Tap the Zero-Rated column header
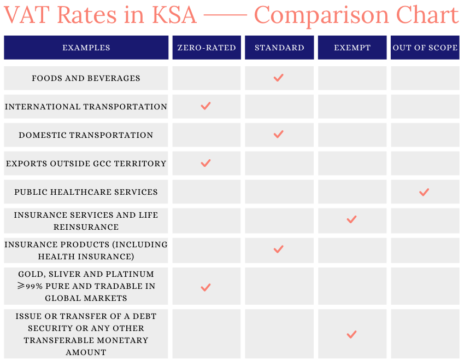pyautogui.click(x=207, y=48)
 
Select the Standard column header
pyautogui.click(x=279, y=48)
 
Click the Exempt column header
pyautogui.click(x=352, y=48)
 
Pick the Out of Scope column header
pyautogui.click(x=425, y=48)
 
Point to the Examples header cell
pyautogui.click(x=86, y=48)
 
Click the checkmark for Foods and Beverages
pyautogui.click(x=279, y=78)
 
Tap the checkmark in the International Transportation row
pyautogui.click(x=206, y=106)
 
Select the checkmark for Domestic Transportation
pyautogui.click(x=279, y=135)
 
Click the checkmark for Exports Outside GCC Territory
pyautogui.click(x=206, y=163)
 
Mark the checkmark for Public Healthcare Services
pyautogui.click(x=424, y=192)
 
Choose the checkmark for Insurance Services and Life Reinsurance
pyautogui.click(x=351, y=220)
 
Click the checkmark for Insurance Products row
pyautogui.click(x=279, y=249)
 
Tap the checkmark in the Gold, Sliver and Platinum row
pyautogui.click(x=206, y=287)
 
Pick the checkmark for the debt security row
pyautogui.click(x=351, y=334)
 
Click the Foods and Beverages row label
pyautogui.click(x=86, y=78)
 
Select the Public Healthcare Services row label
pyautogui.click(x=86, y=192)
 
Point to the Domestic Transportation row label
pyautogui.click(x=86, y=135)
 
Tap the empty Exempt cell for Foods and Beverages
pyautogui.click(x=352, y=78)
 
